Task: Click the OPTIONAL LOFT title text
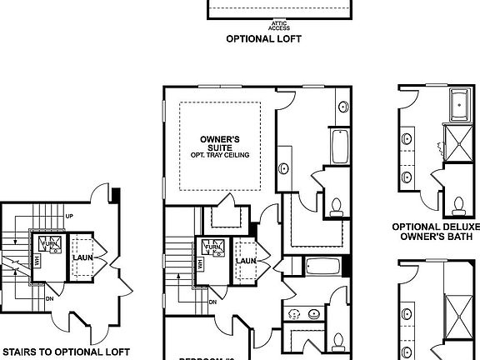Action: pos(263,38)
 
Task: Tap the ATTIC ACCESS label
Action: pos(280,25)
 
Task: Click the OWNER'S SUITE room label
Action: pos(220,142)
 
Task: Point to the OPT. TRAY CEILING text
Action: pos(220,155)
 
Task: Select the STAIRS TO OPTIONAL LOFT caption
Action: pos(65,352)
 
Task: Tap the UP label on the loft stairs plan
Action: pos(69,216)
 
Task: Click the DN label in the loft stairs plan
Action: pos(49,296)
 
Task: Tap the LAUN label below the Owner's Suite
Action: pos(244,261)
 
